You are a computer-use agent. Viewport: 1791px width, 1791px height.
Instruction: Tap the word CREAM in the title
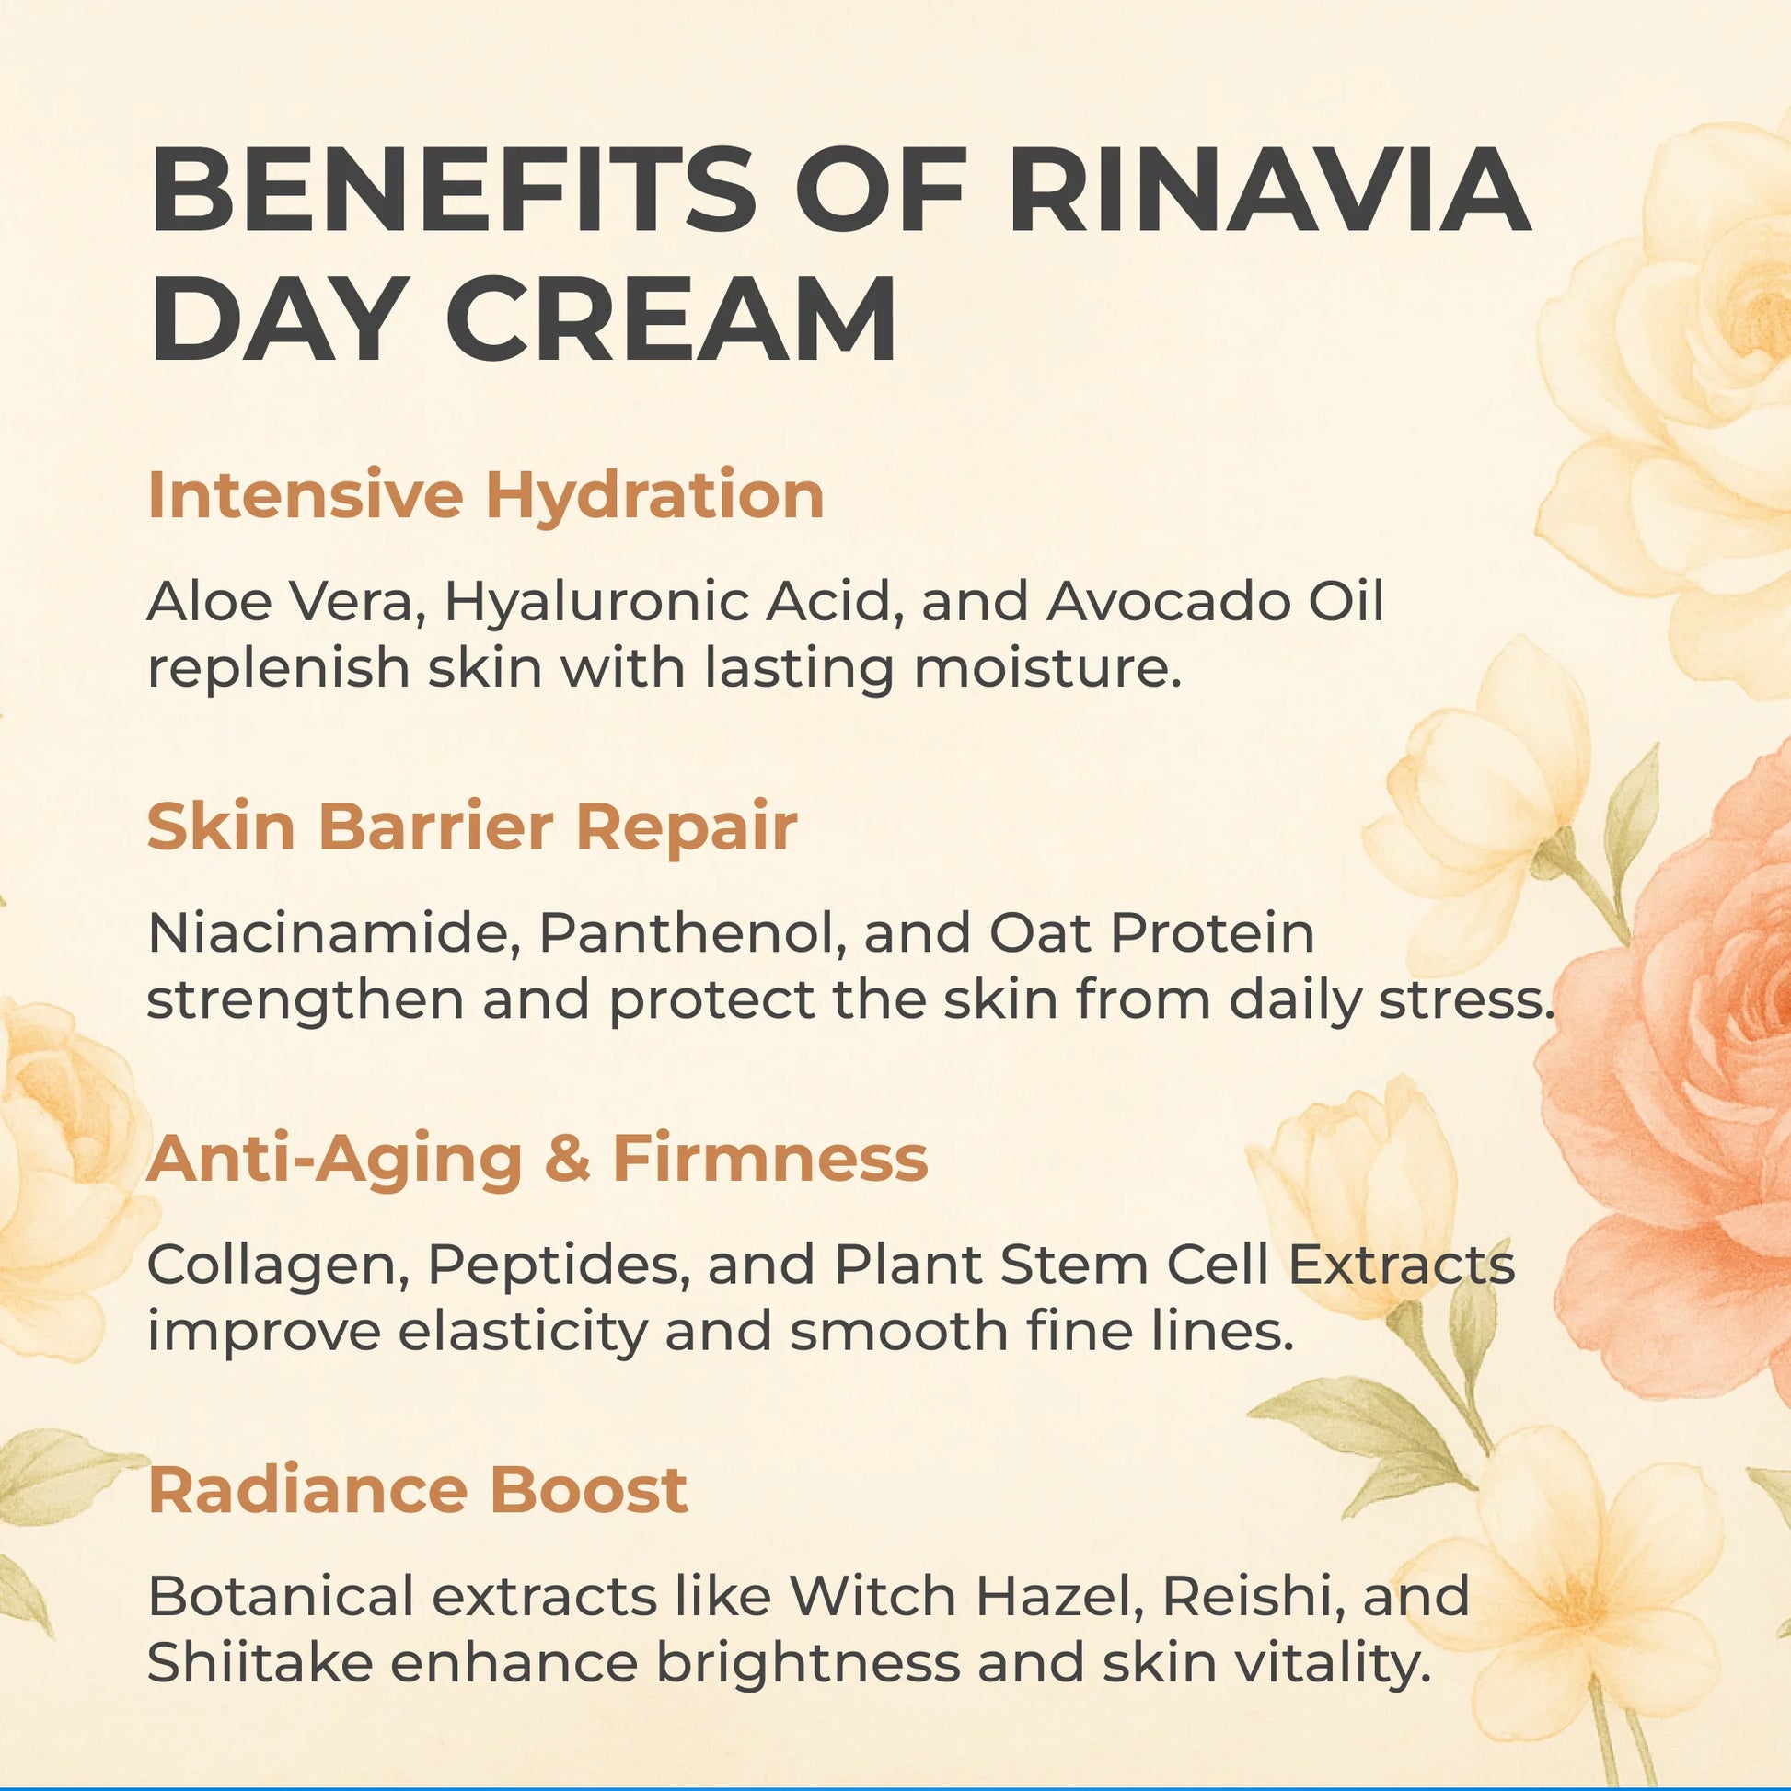click(x=671, y=318)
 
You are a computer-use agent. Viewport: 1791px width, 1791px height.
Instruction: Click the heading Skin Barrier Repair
click(x=472, y=826)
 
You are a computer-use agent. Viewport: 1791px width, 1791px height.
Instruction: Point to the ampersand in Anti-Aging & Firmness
click(x=567, y=1160)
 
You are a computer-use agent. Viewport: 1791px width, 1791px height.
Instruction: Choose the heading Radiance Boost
click(x=418, y=1491)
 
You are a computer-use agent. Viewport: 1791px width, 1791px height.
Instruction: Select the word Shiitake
click(x=259, y=1665)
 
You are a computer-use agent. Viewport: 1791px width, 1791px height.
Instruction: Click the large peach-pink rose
click(x=1670, y=1094)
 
